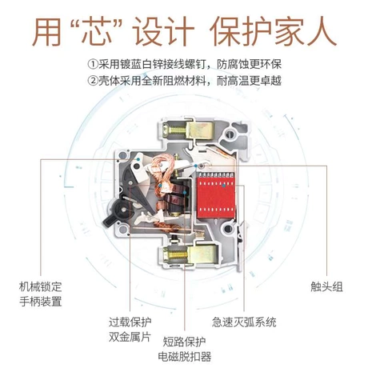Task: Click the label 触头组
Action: click(326, 287)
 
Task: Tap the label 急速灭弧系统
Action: click(244, 322)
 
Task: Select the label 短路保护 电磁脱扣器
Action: click(184, 349)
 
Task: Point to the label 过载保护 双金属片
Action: click(130, 330)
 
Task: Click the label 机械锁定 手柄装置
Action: click(41, 294)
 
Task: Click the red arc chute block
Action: click(216, 195)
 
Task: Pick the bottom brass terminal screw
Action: click(176, 255)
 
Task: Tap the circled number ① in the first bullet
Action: click(92, 64)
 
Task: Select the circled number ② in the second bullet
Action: click(92, 81)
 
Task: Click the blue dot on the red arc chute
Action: click(224, 185)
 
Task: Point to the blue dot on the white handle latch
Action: click(138, 159)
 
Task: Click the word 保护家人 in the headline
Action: click(273, 31)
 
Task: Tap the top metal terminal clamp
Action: click(201, 130)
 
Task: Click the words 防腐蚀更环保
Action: click(249, 64)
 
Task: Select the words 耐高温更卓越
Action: click(249, 81)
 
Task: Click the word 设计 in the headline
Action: click(163, 31)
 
